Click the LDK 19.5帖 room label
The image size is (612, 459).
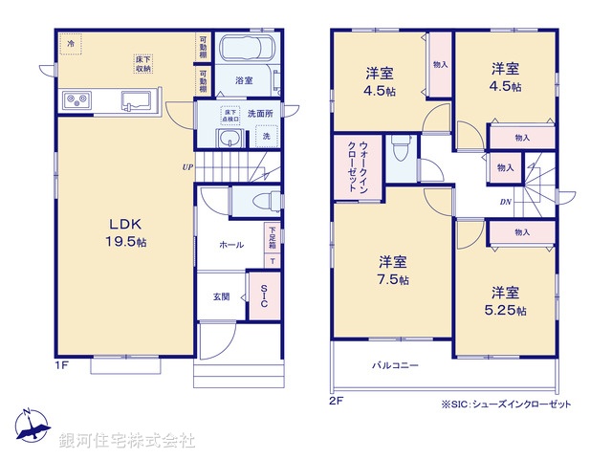click(x=124, y=232)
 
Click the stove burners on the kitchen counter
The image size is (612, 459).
click(x=76, y=99)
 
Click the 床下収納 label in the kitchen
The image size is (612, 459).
click(x=142, y=64)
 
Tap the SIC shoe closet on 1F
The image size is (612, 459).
click(x=264, y=296)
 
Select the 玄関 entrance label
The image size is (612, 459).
click(x=221, y=296)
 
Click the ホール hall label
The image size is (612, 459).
click(x=230, y=245)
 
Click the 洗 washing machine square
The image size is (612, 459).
click(x=267, y=137)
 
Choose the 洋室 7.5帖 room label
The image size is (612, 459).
click(x=392, y=270)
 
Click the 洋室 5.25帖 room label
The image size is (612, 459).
click(x=508, y=299)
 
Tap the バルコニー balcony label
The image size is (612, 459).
click(x=395, y=365)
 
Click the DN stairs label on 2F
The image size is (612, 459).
click(x=504, y=202)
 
